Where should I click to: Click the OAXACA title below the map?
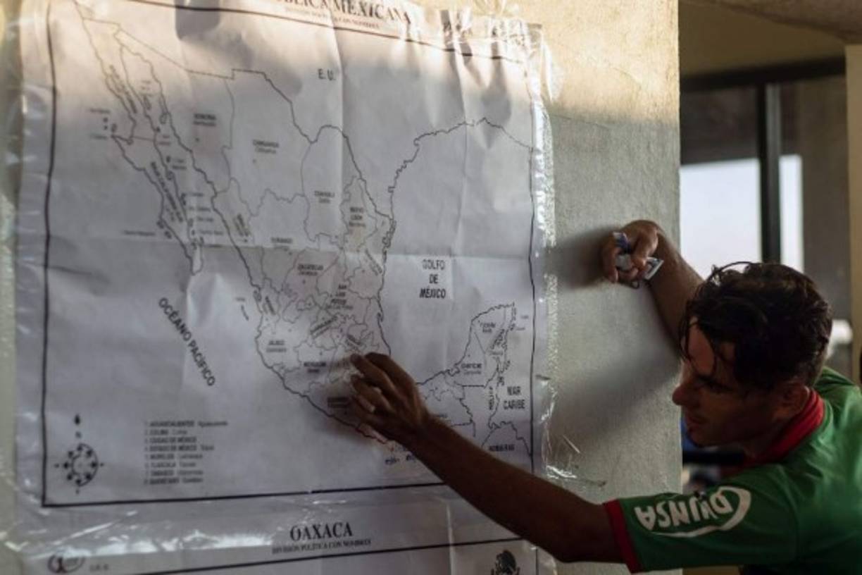[x=320, y=531]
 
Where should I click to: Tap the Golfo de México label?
[x=433, y=278]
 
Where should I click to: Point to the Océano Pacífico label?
[x=187, y=341]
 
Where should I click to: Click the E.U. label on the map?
[x=326, y=73]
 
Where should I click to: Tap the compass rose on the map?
[x=80, y=464]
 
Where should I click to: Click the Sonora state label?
[x=204, y=119]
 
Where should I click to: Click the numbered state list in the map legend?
[x=180, y=451]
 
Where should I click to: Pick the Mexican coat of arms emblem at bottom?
[x=504, y=563]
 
